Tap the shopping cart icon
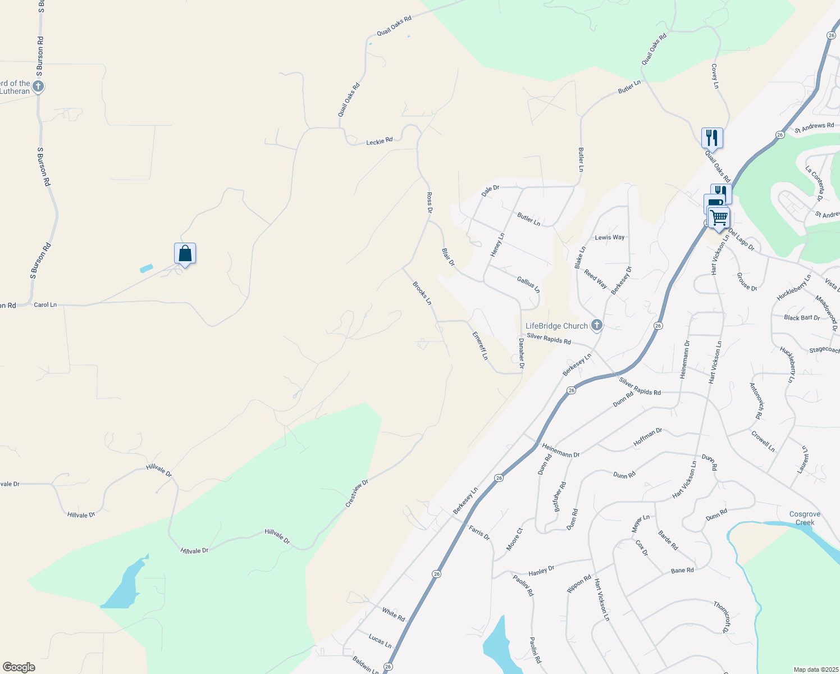point(719,217)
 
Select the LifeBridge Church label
point(556,326)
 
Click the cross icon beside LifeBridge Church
point(596,325)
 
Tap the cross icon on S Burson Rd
point(38,86)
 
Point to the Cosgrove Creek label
point(805,518)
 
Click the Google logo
point(19,667)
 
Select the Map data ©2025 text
point(815,670)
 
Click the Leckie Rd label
point(380,142)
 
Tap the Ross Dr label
point(430,203)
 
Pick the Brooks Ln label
point(422,293)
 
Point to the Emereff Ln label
point(480,345)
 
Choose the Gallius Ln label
point(528,285)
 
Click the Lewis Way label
point(610,238)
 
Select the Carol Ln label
point(45,305)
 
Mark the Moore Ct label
point(514,539)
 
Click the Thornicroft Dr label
point(722,617)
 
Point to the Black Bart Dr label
point(802,318)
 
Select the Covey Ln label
point(715,76)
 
